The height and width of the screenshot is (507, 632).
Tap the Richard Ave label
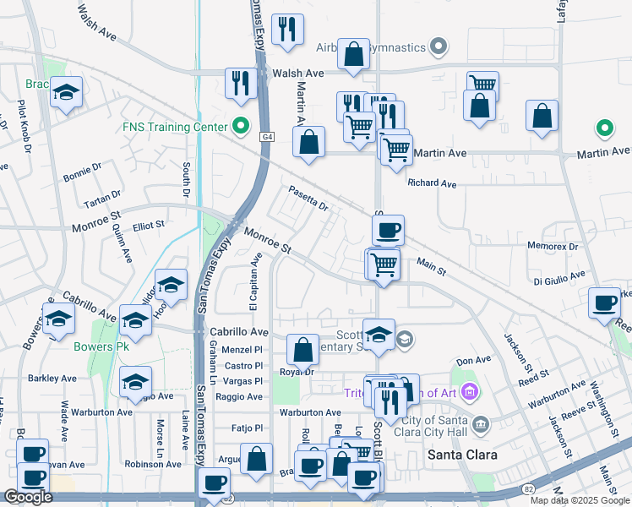pos(431,183)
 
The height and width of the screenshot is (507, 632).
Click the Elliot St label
pos(149,226)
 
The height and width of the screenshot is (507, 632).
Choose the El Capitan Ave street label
pos(253,282)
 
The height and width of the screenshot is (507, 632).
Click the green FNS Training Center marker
pos(241,128)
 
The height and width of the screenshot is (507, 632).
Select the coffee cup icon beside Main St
pos(388,230)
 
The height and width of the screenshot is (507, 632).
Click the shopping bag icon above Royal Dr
pos(302,350)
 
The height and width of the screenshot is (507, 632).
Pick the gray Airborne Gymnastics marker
pos(439,47)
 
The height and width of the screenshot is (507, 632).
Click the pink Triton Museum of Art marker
pos(471,392)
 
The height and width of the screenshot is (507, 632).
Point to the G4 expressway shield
pos(267,136)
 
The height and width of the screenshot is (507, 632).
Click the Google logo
pos(29,497)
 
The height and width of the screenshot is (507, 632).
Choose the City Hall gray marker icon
pos(481,422)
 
